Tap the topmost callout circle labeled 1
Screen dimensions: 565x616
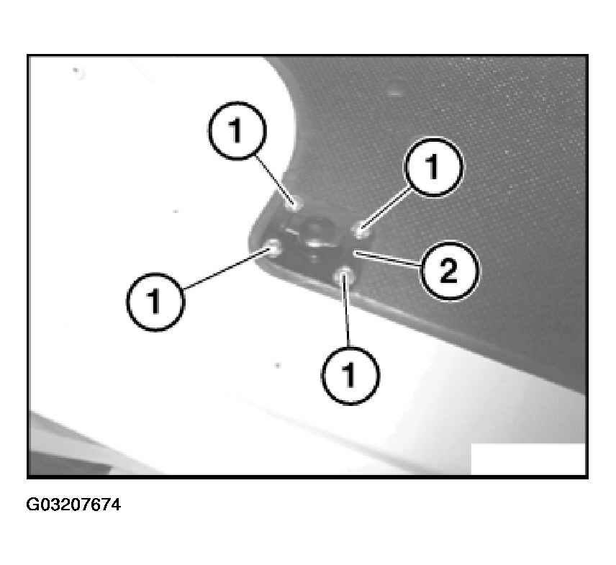pos(236,131)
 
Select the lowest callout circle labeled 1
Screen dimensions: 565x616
pos(350,375)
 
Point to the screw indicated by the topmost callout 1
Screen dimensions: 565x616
pos(293,203)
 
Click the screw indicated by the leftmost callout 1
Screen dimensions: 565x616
pos(273,249)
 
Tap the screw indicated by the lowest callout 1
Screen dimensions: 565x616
pos(345,274)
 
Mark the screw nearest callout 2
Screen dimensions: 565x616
pos(362,231)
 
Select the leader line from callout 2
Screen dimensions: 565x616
pos(389,261)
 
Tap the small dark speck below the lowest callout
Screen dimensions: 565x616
pos(278,366)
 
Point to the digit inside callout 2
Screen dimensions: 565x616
pos(447,271)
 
